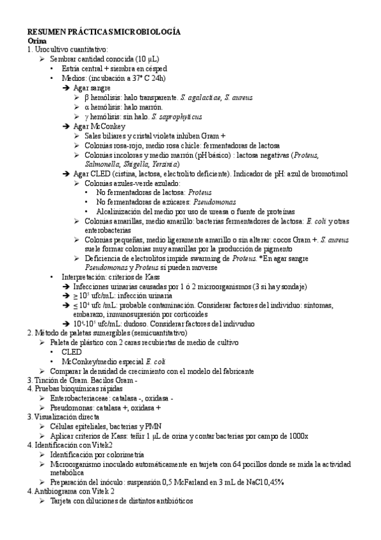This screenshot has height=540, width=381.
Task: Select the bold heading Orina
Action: point(37,39)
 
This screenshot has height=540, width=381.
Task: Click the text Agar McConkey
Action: point(99,127)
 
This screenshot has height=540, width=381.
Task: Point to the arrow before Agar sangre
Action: point(67,88)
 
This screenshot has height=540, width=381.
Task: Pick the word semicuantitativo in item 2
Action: point(157,333)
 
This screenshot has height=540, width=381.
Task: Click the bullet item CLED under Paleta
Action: point(71,352)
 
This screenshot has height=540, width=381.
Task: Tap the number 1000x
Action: point(296,436)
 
